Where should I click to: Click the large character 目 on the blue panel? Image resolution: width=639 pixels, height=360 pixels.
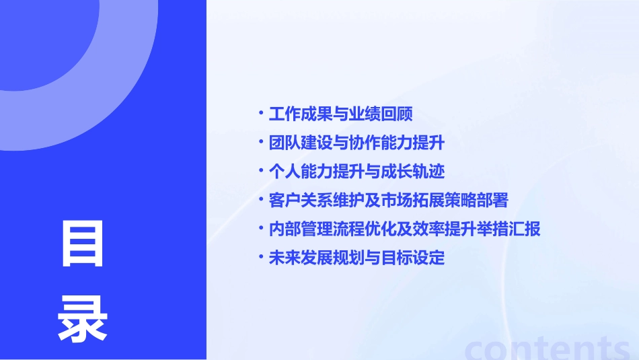coord(83,243)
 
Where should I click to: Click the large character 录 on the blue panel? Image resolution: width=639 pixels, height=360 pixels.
coord(83,319)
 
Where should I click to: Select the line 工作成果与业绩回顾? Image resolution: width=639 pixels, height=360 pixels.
coord(340,114)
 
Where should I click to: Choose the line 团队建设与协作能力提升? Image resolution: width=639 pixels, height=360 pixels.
coord(356,143)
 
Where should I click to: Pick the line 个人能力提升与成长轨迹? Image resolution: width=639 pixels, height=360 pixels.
coord(356,172)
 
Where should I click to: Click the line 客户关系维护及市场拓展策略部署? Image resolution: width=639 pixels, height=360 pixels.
coord(388,201)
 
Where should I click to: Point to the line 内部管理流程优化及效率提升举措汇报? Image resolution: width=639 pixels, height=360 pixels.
coord(404,229)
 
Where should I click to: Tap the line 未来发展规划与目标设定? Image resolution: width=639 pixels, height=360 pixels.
coord(356,258)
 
